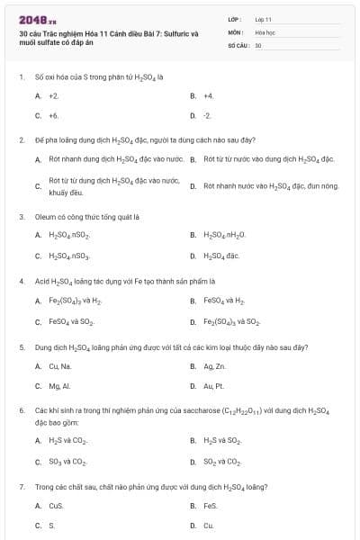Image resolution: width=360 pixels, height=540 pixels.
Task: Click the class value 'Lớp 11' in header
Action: (x=263, y=18)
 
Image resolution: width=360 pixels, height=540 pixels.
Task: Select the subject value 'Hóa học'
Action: (x=265, y=31)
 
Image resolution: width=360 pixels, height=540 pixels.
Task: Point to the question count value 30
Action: (x=258, y=44)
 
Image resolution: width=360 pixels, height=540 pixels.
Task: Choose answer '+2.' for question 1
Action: (x=54, y=94)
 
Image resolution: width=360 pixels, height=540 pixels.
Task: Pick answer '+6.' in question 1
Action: (x=54, y=115)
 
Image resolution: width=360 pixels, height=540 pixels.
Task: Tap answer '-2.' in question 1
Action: (x=207, y=115)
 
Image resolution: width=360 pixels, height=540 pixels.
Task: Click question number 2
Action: (x=22, y=140)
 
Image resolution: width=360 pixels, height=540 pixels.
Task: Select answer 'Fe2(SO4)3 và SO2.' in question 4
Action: (x=231, y=321)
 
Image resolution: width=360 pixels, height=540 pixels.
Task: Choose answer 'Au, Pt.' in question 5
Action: (x=213, y=386)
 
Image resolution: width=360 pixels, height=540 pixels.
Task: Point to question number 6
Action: (x=22, y=409)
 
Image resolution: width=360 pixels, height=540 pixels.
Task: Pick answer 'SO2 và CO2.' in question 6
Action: (x=221, y=462)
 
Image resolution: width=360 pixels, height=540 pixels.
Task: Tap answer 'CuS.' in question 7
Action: (x=56, y=506)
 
